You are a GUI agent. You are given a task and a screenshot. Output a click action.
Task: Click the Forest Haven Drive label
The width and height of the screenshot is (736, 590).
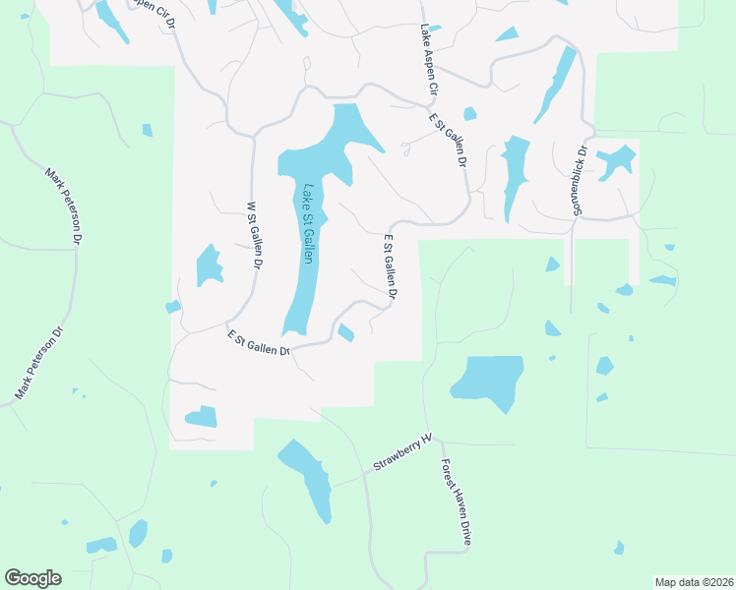459,502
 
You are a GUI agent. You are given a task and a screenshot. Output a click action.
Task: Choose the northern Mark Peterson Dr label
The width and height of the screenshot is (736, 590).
64,206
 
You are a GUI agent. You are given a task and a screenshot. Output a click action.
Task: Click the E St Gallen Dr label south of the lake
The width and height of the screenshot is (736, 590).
259,343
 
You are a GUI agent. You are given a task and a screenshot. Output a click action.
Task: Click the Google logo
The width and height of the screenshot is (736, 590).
32,578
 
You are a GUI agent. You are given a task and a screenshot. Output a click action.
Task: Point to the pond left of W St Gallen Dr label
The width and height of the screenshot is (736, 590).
209,265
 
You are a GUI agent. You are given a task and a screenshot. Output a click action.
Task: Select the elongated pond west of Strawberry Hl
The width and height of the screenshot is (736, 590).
308,478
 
